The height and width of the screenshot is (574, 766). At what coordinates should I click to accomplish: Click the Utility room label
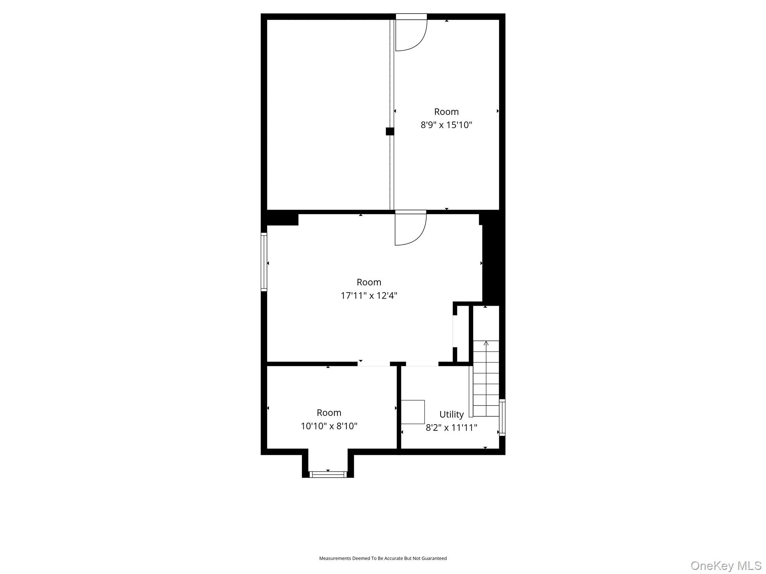451,414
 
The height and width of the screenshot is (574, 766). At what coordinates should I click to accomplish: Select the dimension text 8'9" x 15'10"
446,125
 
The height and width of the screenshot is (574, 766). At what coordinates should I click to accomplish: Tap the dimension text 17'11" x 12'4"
368,296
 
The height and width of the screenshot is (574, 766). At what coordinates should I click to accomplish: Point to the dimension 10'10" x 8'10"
329,426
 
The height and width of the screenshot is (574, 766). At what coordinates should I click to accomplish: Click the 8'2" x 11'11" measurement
451,428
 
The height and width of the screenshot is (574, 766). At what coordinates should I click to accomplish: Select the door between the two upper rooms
410,229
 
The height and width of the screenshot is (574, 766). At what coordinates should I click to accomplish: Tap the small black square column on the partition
390,131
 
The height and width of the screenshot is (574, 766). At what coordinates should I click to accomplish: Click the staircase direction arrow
486,343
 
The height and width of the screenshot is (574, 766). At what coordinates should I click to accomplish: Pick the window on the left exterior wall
264,262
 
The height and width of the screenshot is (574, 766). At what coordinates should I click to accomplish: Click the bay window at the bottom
328,475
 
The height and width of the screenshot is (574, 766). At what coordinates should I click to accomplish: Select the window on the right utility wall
502,417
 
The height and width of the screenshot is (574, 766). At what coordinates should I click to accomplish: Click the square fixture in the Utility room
413,412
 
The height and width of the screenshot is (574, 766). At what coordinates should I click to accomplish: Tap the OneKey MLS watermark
726,565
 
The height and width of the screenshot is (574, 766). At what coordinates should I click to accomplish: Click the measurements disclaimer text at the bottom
383,558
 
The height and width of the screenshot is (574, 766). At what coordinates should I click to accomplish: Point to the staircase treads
486,385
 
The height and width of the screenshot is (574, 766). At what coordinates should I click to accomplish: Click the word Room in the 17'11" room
368,282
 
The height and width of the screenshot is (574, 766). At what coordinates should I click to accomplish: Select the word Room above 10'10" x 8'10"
329,413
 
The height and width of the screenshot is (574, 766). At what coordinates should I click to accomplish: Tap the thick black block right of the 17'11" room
493,262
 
